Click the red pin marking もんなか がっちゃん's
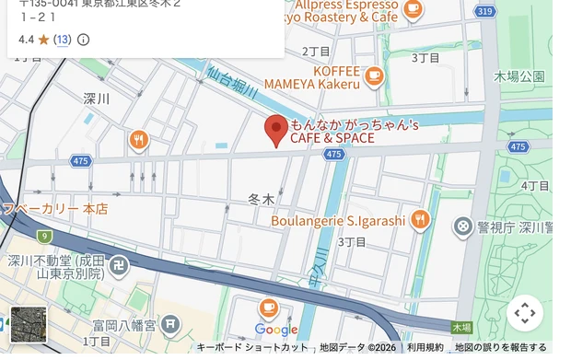click(276, 130)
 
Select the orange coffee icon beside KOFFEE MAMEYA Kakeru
click(374, 76)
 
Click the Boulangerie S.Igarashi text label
click(338, 221)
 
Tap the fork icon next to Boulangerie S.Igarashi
click(420, 219)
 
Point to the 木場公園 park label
click(519, 76)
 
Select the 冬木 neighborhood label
click(262, 198)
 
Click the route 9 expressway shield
click(44, 237)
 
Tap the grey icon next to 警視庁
click(463, 226)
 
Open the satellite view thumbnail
click(29, 324)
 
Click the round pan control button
click(525, 313)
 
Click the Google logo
click(275, 330)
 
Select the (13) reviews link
click(62, 40)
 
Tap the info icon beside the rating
click(84, 40)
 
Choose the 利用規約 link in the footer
click(425, 347)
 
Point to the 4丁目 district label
click(535, 186)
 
